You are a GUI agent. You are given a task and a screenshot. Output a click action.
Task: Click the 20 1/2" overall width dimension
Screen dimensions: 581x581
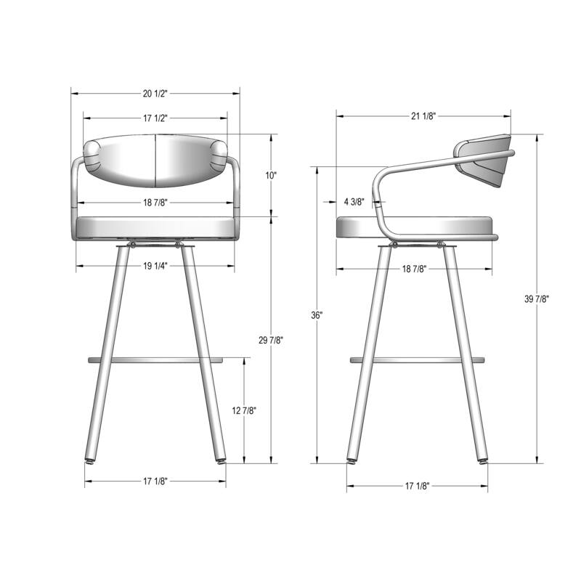tap(155, 94)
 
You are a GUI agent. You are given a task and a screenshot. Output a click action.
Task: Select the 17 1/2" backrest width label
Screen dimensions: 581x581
tap(155, 118)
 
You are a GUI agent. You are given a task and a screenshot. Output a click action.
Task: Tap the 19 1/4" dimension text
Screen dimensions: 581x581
tap(155, 267)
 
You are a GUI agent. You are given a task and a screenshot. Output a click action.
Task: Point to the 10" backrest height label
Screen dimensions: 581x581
tap(271, 175)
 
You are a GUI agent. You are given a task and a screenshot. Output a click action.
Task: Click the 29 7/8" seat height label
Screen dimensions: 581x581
tap(271, 340)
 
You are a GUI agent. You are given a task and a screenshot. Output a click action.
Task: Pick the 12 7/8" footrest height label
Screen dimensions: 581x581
tap(244, 411)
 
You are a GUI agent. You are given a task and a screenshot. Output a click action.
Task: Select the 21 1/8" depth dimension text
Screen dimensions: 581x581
tap(423, 115)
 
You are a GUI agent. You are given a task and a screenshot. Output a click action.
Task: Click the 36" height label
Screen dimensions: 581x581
tap(317, 315)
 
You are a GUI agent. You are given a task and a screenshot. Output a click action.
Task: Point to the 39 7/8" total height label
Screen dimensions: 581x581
tap(537, 299)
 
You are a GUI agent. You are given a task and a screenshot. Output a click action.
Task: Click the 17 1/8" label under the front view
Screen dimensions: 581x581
tap(155, 482)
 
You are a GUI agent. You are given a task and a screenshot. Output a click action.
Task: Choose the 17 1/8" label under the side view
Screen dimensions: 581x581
tap(417, 486)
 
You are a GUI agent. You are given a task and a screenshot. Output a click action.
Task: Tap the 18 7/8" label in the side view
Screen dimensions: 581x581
tap(414, 269)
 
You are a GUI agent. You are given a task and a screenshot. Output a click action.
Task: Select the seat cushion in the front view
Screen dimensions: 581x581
tap(155, 227)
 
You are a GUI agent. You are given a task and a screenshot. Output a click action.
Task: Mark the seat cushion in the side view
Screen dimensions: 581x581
tap(414, 227)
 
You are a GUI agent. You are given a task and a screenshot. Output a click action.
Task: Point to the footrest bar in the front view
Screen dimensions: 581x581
tap(155, 359)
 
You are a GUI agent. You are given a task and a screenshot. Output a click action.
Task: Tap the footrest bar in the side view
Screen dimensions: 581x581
tap(417, 359)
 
